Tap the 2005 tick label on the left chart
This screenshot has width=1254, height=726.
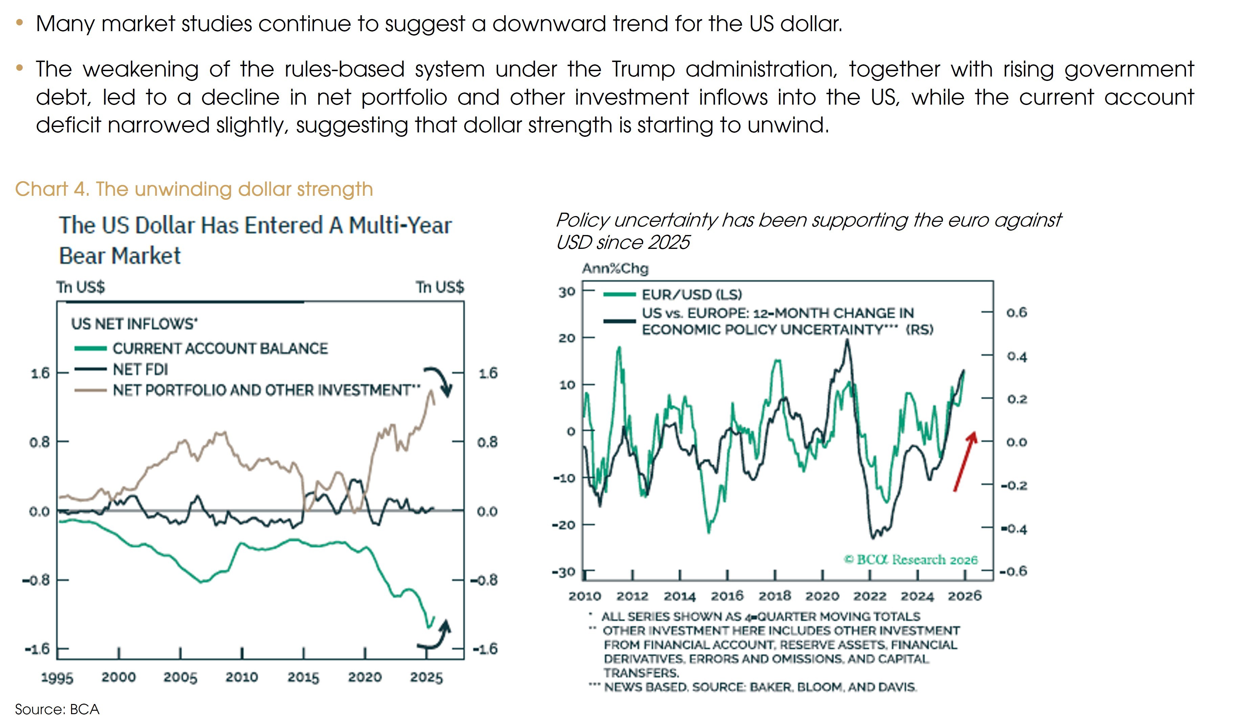pos(180,677)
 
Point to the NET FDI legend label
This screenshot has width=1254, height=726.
pos(140,369)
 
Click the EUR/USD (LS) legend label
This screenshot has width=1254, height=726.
pos(691,295)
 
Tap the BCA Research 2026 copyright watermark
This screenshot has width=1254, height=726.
pos(911,560)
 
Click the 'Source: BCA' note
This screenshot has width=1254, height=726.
pos(57,709)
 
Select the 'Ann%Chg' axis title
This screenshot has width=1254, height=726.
pos(615,269)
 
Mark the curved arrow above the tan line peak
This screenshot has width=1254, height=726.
pos(439,380)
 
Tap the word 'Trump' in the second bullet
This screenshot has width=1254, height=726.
pos(643,69)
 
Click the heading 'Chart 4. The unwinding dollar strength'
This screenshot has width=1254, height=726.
pos(194,189)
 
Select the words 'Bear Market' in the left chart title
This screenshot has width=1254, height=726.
pos(119,256)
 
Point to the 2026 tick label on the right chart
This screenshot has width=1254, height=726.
pos(964,596)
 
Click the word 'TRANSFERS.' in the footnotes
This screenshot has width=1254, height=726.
pos(641,673)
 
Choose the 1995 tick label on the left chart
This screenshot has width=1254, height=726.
pos(57,678)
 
